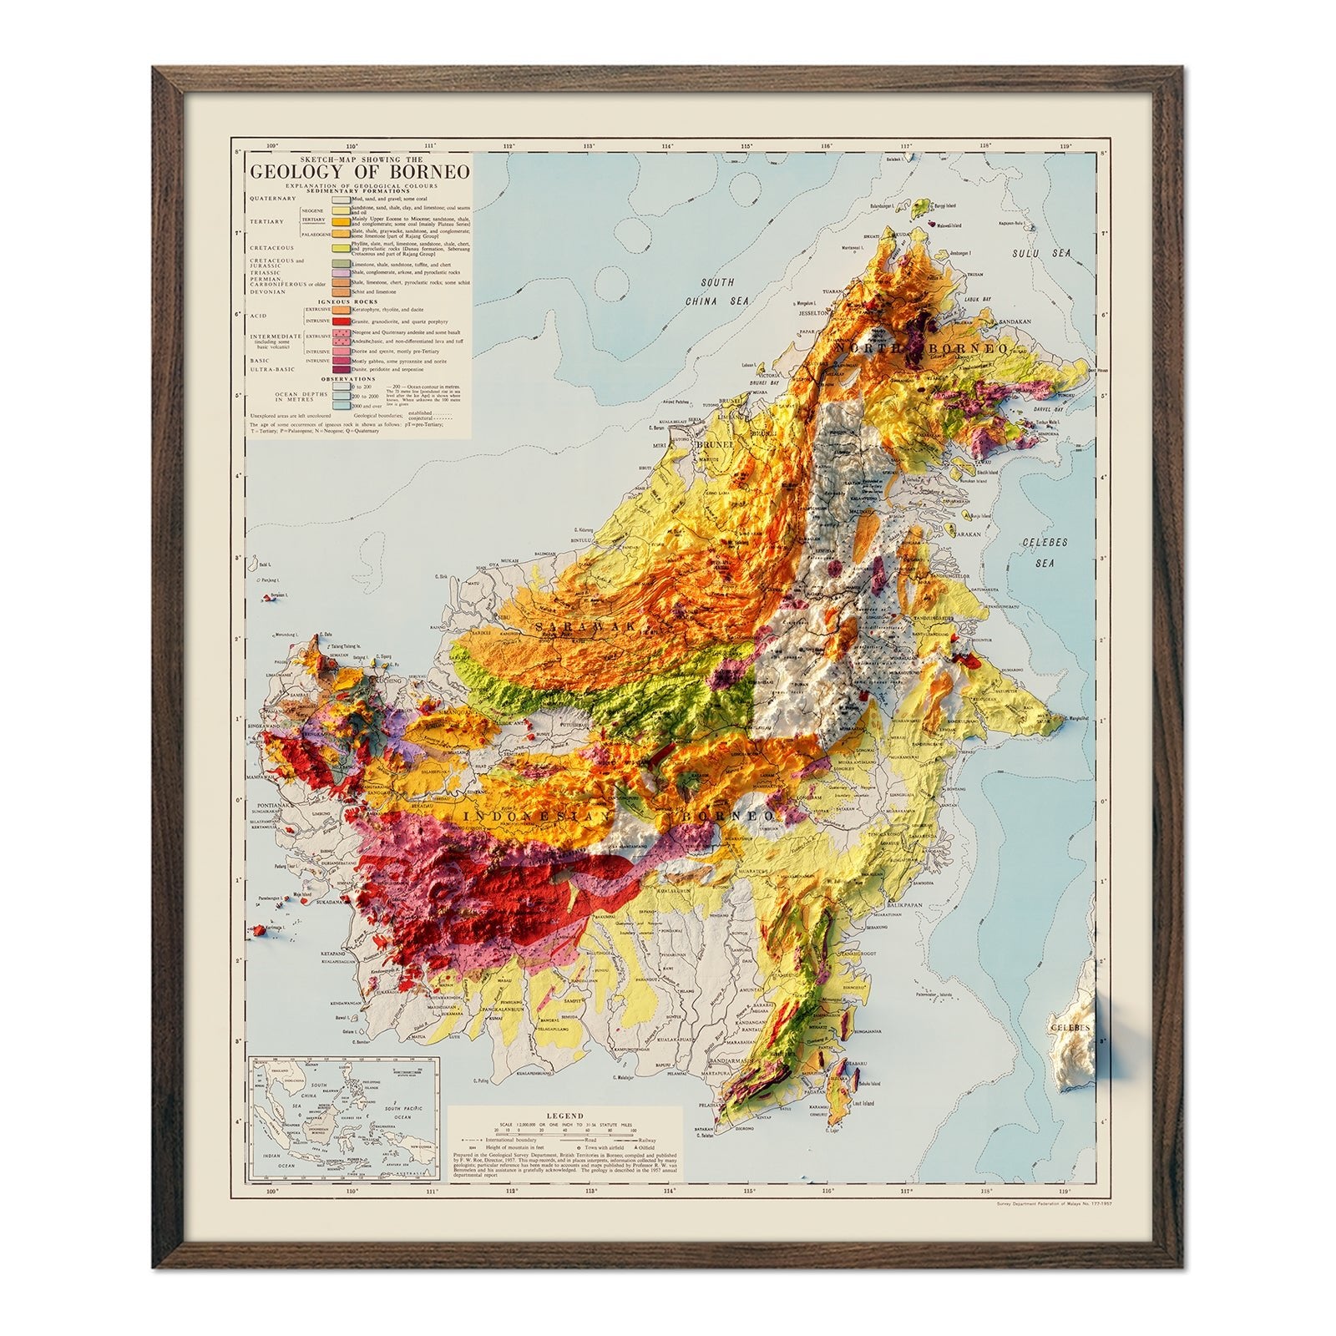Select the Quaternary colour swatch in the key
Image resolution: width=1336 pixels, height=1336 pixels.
tap(341, 200)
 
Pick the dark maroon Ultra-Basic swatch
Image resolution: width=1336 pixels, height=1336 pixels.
tap(341, 369)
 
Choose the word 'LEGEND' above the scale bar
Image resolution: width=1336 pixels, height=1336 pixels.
tap(565, 1116)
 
